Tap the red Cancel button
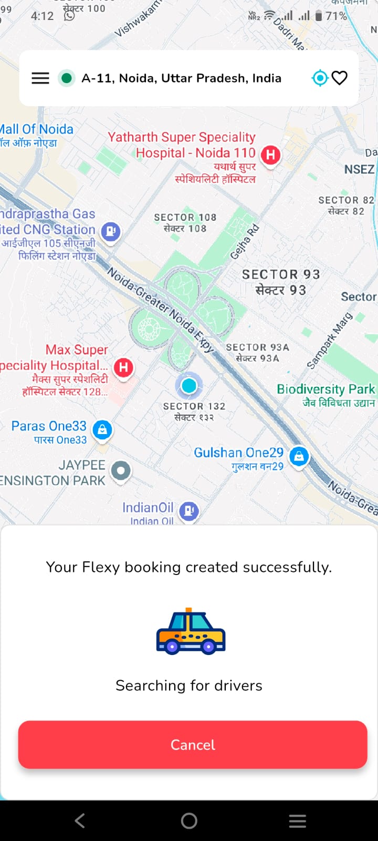point(192,744)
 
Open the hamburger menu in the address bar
point(40,78)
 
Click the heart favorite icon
point(340,78)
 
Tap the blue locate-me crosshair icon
point(319,78)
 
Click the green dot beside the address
point(66,78)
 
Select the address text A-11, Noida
point(181,78)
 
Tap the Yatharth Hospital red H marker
point(270,155)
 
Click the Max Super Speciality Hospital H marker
point(123,367)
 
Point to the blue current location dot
point(189,386)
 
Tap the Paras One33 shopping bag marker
point(102,429)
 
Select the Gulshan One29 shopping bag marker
point(299,456)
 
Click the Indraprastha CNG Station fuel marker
point(111,231)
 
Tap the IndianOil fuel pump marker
point(189,510)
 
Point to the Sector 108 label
point(185,222)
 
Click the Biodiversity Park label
point(326,394)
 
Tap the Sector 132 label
point(194,411)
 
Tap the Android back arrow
point(80,821)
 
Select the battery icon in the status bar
point(318,16)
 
